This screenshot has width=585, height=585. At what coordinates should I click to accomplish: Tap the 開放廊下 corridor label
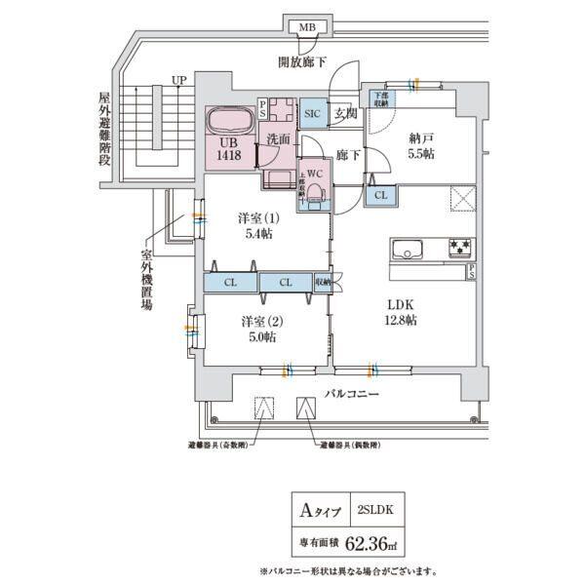coord(303,62)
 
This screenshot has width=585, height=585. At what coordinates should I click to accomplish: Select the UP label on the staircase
coord(178,80)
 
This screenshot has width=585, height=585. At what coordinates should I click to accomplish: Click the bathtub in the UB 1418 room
coord(231,124)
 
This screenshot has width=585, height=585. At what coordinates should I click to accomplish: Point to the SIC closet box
coord(312,113)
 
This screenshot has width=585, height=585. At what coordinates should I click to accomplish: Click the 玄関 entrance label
coord(345,113)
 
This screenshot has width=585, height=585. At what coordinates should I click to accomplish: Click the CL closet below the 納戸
coord(380,195)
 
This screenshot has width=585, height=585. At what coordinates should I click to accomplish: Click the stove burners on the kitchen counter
coord(460,248)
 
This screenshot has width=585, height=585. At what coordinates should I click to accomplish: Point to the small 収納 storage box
coord(324,283)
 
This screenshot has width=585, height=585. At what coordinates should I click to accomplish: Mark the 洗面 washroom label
coord(279,139)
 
